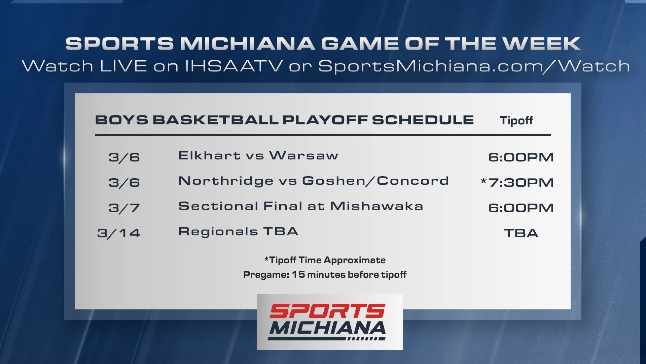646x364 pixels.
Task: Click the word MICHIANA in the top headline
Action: pyautogui.click(x=248, y=44)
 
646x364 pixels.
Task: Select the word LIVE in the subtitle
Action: pyautogui.click(x=123, y=66)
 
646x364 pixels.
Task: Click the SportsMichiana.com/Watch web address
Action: pyautogui.click(x=474, y=66)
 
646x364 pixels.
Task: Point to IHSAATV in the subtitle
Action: pyautogui.click(x=234, y=66)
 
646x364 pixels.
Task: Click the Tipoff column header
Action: pyautogui.click(x=516, y=121)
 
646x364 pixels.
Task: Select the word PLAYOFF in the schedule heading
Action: pyautogui.click(x=325, y=120)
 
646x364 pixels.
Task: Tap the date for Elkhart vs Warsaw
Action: pyautogui.click(x=124, y=157)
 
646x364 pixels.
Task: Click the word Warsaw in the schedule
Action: pyautogui.click(x=304, y=155)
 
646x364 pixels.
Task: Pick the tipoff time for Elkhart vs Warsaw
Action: pyautogui.click(x=521, y=157)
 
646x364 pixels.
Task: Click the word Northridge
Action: pyautogui.click(x=226, y=181)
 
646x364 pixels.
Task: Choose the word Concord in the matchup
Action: pyautogui.click(x=413, y=181)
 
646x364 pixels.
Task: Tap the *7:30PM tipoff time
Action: pyautogui.click(x=517, y=182)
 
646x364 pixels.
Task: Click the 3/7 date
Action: pyautogui.click(x=124, y=208)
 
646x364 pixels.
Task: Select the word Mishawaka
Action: pyautogui.click(x=376, y=206)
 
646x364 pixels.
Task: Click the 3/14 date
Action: pyautogui.click(x=118, y=233)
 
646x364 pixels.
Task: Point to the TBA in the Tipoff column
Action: pyautogui.click(x=521, y=233)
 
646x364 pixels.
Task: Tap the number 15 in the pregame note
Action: pyautogui.click(x=298, y=274)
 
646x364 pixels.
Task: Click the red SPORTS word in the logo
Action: pyautogui.click(x=327, y=311)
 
